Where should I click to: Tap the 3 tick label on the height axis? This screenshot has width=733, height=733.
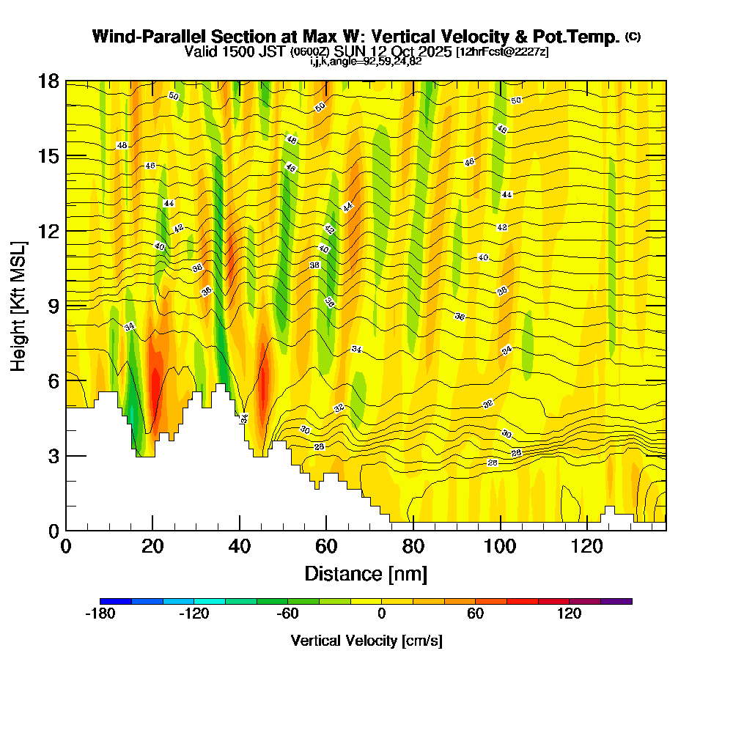(x=53, y=455)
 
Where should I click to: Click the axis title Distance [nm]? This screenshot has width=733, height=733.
(x=366, y=573)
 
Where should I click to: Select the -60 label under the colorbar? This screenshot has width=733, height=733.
(x=287, y=614)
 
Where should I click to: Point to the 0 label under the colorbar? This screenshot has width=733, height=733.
(x=382, y=614)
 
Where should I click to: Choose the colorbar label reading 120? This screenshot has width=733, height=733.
(x=569, y=614)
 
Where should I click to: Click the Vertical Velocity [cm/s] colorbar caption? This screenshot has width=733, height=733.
(x=366, y=641)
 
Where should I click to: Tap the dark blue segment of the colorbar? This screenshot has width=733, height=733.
(x=116, y=601)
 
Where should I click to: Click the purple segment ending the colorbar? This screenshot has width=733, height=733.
(x=616, y=601)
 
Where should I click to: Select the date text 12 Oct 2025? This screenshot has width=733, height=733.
(x=411, y=52)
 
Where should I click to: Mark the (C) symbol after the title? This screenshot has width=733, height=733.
(x=633, y=37)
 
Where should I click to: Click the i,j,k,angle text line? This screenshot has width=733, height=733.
(x=366, y=62)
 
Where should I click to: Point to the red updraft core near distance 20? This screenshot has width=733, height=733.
(x=155, y=385)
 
